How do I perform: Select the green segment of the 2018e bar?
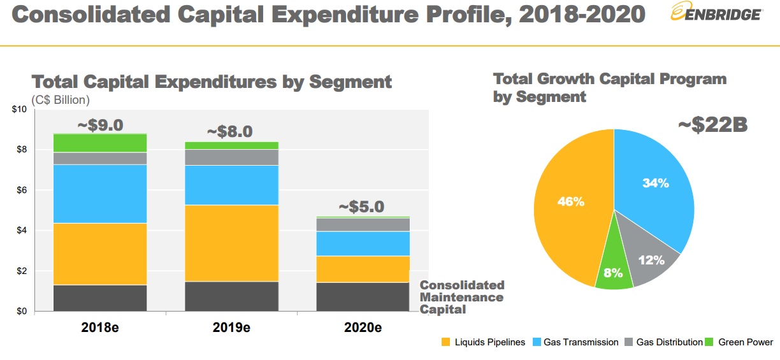[x=100, y=143]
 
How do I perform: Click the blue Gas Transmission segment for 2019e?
[x=231, y=185]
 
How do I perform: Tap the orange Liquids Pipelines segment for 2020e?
[x=363, y=269]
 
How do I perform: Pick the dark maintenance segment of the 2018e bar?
[x=100, y=298]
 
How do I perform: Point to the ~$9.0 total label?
[x=100, y=125]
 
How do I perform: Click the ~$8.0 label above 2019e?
[x=230, y=132]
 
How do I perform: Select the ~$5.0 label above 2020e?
[x=361, y=207]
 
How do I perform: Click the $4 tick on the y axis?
[x=20, y=231]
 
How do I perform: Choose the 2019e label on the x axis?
[x=231, y=328]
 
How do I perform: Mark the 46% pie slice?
[x=570, y=202]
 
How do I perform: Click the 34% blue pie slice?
[x=655, y=184]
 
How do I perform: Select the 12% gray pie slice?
[x=651, y=260]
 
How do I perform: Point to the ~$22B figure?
[x=712, y=125]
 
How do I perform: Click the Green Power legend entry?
[x=740, y=342]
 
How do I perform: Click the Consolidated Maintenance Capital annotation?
[x=461, y=297]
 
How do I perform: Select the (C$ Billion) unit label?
[x=61, y=100]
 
